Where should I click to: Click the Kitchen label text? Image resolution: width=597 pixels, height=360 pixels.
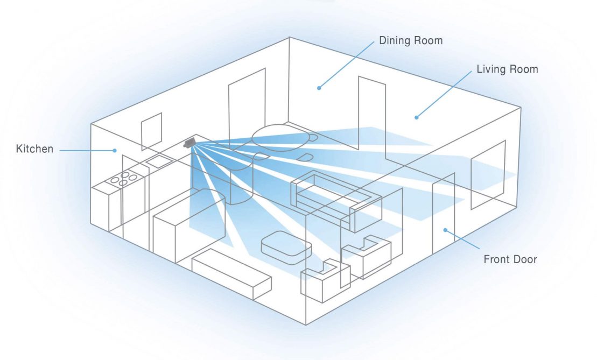(35, 149)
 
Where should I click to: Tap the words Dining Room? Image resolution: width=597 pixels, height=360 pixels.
(411, 41)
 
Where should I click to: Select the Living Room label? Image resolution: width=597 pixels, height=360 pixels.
(507, 69)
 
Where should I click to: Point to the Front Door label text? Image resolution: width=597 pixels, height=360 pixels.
(510, 259)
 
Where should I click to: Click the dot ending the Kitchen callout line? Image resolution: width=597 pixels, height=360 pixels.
(115, 151)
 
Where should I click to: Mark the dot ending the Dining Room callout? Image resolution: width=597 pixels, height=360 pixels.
(319, 88)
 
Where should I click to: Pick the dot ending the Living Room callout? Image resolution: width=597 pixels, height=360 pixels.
(416, 117)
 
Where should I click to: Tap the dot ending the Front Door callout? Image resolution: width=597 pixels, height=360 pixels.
(445, 230)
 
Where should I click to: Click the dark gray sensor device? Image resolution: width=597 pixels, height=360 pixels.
(188, 143)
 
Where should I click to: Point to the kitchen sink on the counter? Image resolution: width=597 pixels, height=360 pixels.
(158, 160)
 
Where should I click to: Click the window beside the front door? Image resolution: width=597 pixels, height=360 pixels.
(488, 174)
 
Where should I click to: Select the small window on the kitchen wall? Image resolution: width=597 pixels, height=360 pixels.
(151, 131)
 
